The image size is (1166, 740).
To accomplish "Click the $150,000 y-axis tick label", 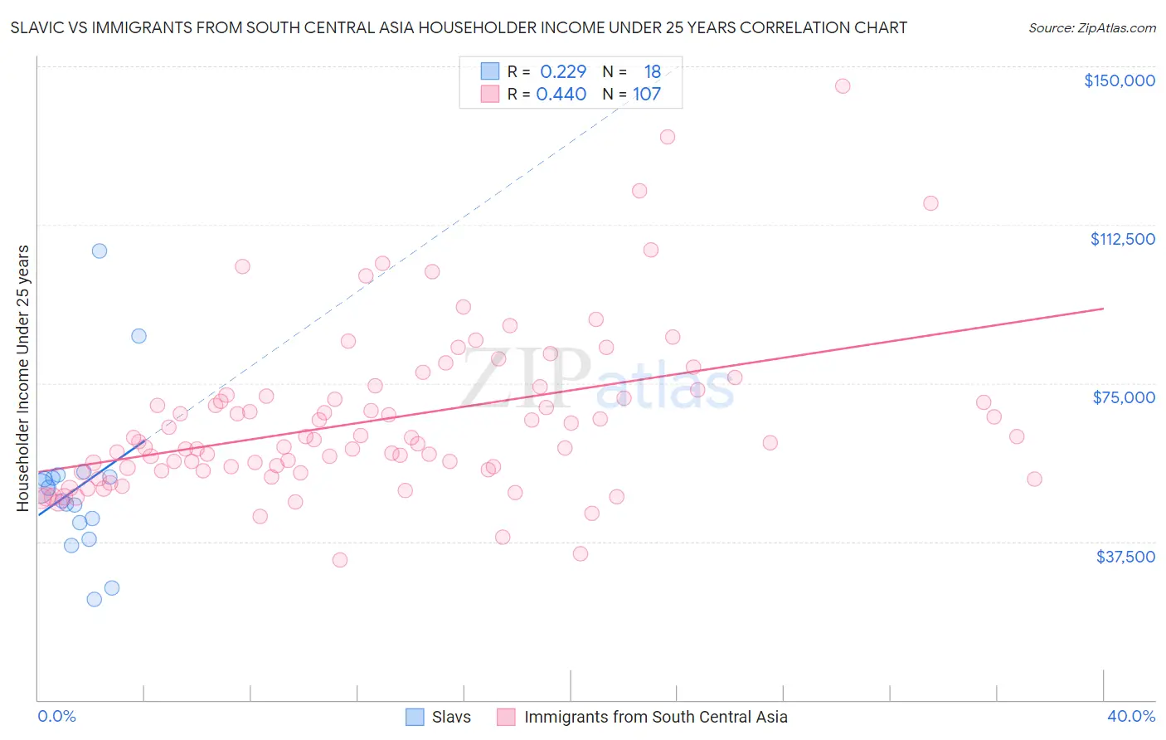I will point(1119,80).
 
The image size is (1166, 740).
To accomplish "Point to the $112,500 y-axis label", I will point(1122,239).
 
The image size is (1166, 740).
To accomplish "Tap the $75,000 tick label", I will point(1124,397).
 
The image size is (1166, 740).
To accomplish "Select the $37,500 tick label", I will point(1125,557).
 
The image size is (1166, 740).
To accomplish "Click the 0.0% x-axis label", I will point(56,716).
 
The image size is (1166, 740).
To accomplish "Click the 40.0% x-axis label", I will point(1131,716).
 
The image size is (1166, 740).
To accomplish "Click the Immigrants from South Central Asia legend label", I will point(655,717).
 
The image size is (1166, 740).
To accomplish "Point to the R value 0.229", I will point(563,72).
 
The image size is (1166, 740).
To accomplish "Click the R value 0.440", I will point(561,95).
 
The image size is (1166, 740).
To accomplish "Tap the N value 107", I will point(647,95).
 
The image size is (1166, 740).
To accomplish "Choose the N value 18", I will point(653,72).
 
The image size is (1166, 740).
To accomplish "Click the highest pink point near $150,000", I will point(843,86).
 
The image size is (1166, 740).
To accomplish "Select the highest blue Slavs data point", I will point(100,251).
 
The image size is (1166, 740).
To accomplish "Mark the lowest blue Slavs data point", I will point(95,599).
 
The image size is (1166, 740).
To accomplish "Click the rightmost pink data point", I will point(1034,479).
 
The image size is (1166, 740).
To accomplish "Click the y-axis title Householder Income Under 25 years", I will point(23,377).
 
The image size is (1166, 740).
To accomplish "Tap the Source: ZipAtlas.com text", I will point(1091,28).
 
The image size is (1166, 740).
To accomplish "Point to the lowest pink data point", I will point(339,560).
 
